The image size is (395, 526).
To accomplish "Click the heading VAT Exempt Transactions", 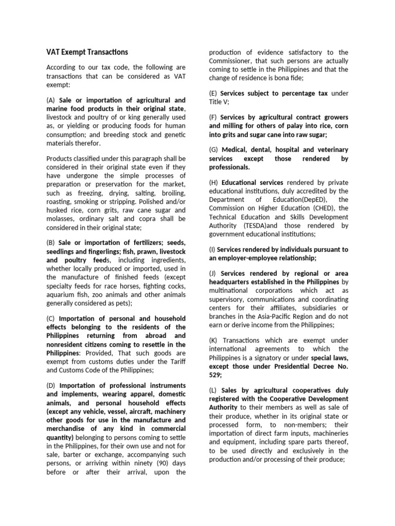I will pyautogui.click(x=87, y=52).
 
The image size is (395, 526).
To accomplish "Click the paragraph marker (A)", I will pyautogui.click(x=51, y=100).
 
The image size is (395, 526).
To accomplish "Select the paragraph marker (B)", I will pyautogui.click(x=51, y=242).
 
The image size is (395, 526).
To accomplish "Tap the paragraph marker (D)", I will pyautogui.click(x=51, y=385).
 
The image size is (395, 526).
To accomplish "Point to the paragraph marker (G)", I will pyautogui.click(x=214, y=150).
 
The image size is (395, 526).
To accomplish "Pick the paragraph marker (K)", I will pyautogui.click(x=214, y=340).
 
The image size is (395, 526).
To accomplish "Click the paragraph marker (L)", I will pyautogui.click(x=214, y=390).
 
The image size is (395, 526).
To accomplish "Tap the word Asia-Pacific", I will pyautogui.click(x=280, y=316).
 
